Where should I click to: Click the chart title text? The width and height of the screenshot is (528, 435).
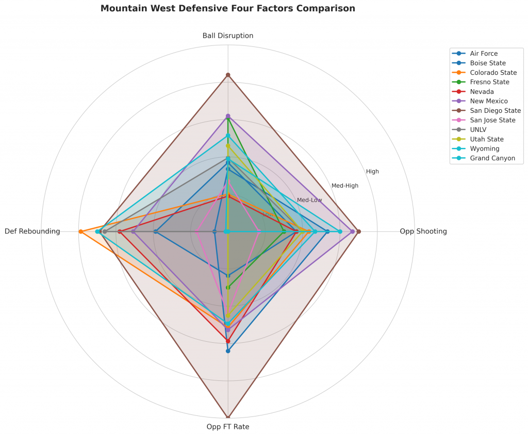227,9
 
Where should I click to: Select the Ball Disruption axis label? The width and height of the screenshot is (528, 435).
228,36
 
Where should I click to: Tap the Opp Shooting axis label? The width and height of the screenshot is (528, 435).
423,231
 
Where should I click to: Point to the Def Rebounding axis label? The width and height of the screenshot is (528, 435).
32,231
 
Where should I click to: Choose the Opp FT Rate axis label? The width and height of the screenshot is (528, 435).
228,427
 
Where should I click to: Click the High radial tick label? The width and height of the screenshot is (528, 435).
372,172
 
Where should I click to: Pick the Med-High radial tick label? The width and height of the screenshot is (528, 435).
345,186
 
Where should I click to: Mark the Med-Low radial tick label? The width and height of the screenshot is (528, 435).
309,200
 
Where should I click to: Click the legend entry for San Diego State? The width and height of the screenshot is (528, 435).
495,111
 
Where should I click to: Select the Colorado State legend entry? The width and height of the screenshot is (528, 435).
493,73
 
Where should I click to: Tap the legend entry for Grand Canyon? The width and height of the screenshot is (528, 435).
492,158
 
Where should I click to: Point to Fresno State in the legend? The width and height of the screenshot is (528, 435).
489,82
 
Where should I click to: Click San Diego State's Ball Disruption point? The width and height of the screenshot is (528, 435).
228,75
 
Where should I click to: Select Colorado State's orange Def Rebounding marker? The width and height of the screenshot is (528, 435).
80,231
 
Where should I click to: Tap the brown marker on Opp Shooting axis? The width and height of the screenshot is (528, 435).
358,231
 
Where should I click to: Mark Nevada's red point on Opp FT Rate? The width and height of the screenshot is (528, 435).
228,341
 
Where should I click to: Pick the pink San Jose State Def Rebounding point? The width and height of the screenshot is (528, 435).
197,232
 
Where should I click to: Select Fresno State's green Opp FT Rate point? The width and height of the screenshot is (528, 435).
228,287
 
